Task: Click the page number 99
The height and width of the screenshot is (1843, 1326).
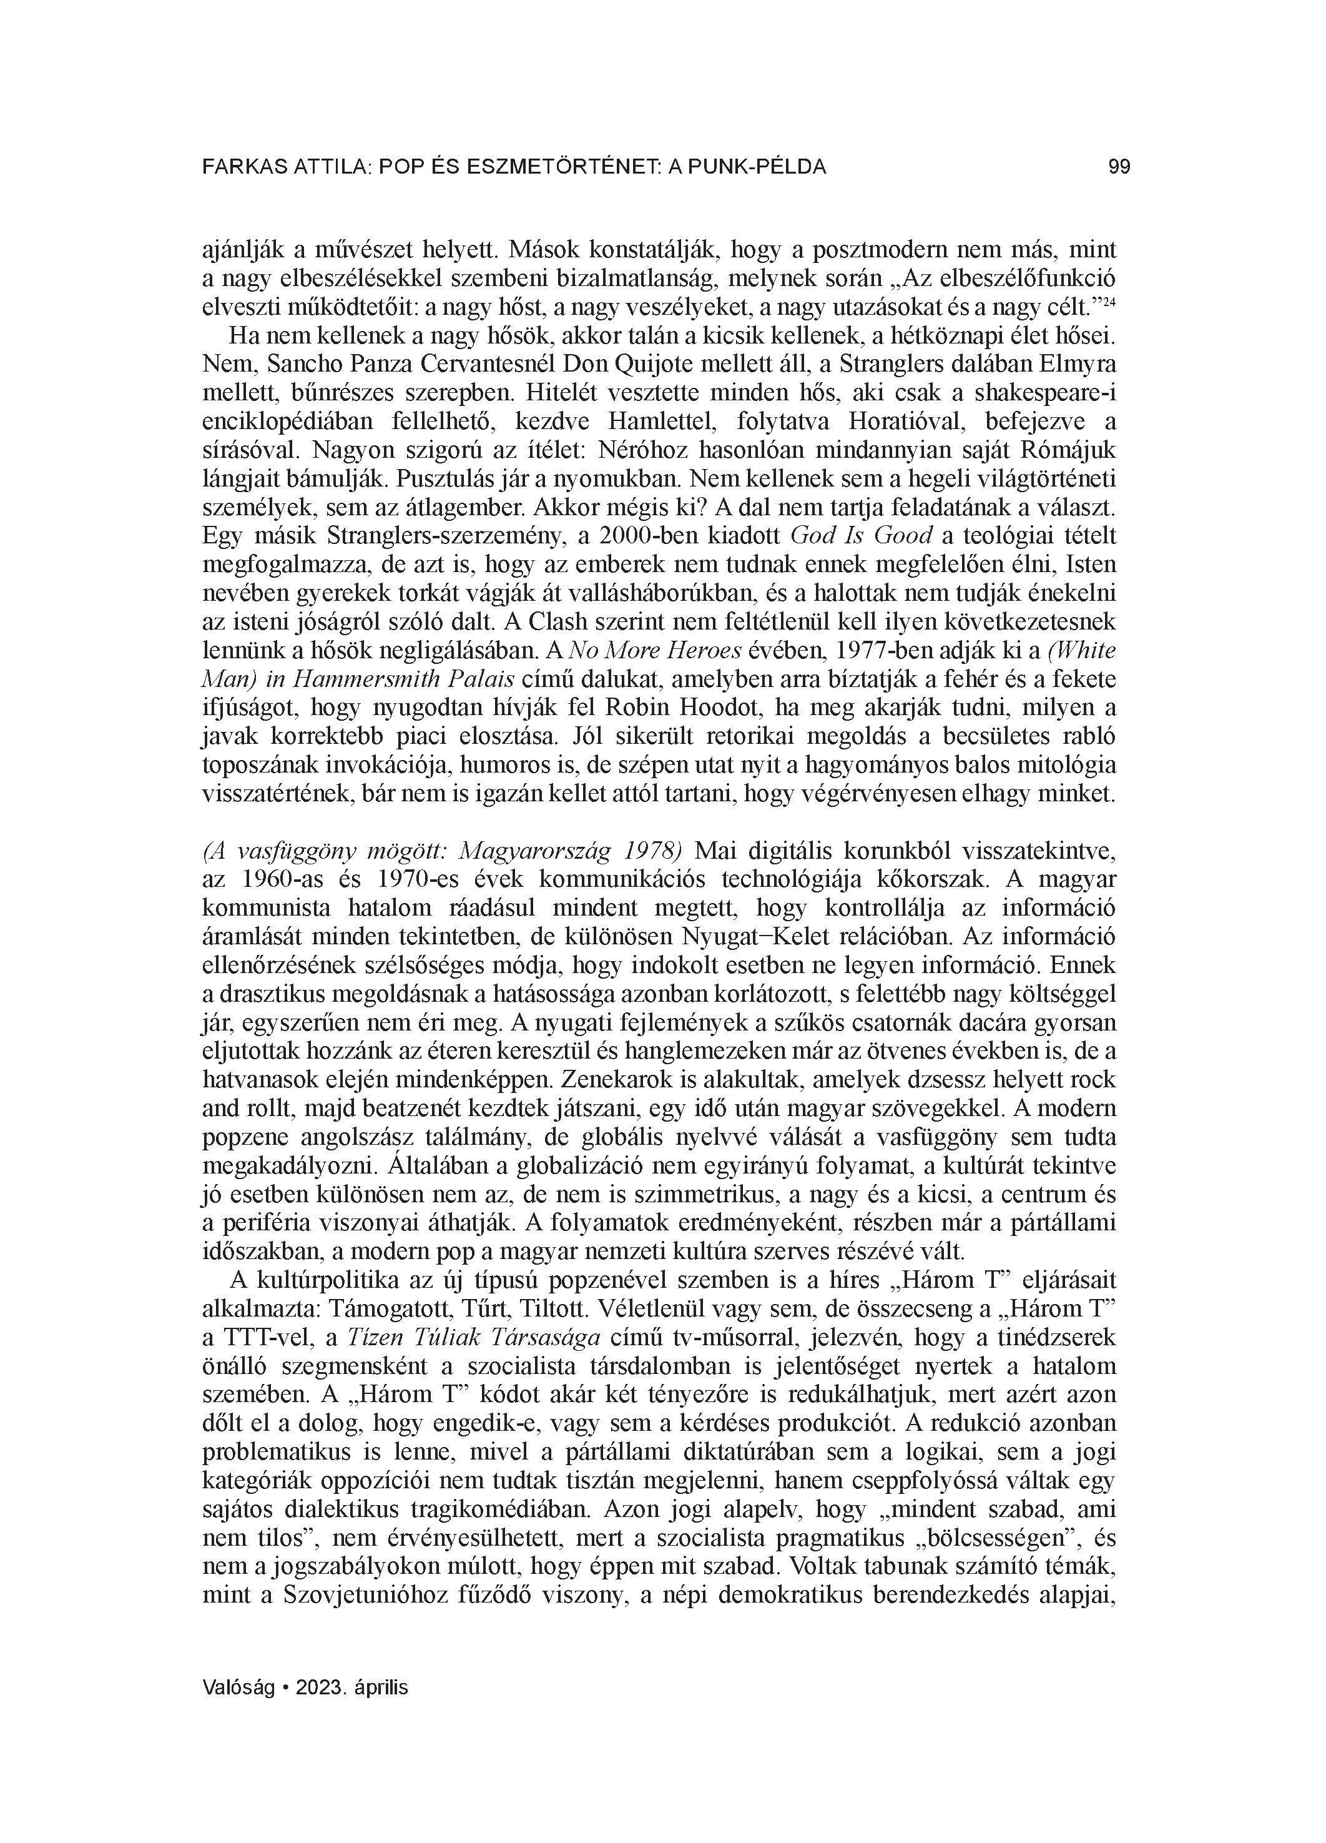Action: pos(1119,167)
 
